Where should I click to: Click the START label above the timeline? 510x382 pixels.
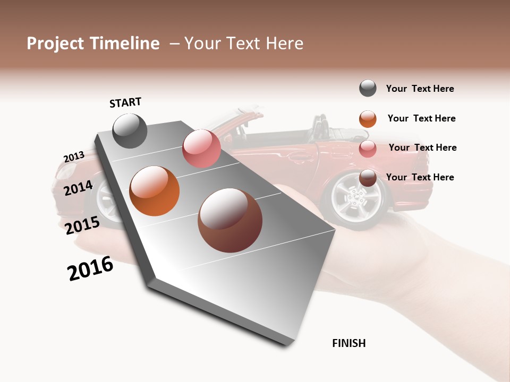[125, 102]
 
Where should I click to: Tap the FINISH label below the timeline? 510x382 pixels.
[349, 343]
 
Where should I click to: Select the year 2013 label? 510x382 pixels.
[74, 157]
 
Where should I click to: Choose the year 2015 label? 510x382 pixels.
[82, 225]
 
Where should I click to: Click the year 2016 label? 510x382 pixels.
[90, 269]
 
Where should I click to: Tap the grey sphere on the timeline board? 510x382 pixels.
[130, 131]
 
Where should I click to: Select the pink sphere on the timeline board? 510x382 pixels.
[201, 149]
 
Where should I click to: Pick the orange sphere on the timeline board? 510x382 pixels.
[155, 191]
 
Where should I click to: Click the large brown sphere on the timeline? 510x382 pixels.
[230, 221]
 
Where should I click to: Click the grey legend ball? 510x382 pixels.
[368, 89]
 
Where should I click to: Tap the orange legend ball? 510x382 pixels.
[368, 119]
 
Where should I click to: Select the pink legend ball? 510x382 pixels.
[368, 148]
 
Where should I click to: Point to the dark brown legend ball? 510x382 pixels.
[368, 178]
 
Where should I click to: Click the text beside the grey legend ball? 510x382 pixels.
[420, 89]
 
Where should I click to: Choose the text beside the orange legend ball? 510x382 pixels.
[421, 118]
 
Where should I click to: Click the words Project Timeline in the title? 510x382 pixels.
[93, 44]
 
